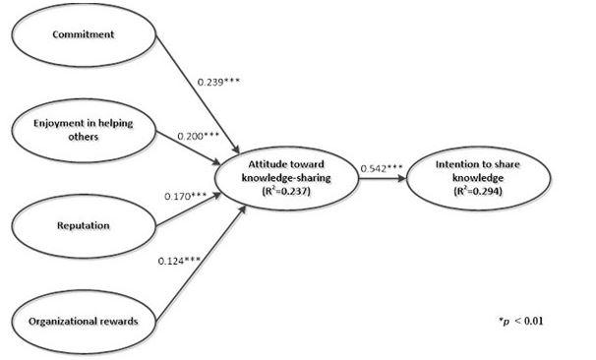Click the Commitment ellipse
(x=81, y=35)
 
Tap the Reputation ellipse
(x=81, y=225)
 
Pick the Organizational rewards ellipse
(x=81, y=320)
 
